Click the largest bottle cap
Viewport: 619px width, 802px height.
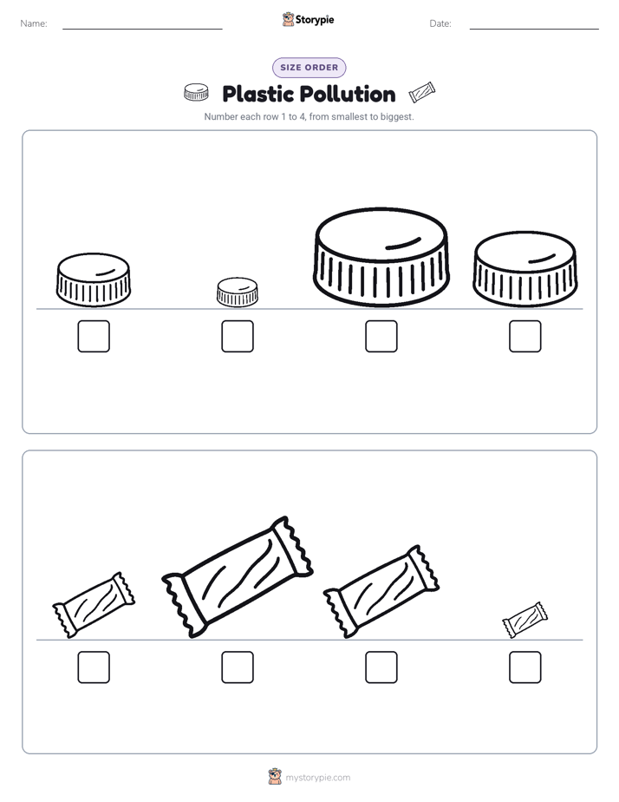pyautogui.click(x=381, y=257)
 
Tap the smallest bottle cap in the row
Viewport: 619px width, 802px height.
pyautogui.click(x=238, y=292)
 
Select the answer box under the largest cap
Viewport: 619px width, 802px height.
pyautogui.click(x=381, y=336)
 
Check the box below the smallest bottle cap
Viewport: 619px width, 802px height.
pyautogui.click(x=238, y=336)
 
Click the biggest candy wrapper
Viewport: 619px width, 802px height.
pyautogui.click(x=238, y=576)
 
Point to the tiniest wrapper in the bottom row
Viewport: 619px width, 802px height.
pyautogui.click(x=525, y=620)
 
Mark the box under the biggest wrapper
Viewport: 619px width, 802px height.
pyautogui.click(x=238, y=667)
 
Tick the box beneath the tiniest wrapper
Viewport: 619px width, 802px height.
pyautogui.click(x=525, y=667)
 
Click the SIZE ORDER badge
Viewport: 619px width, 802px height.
pyautogui.click(x=309, y=68)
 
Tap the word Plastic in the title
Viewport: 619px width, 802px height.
pyautogui.click(x=258, y=95)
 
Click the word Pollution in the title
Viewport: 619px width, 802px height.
pyautogui.click(x=348, y=95)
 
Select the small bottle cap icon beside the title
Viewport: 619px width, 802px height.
pyautogui.click(x=196, y=92)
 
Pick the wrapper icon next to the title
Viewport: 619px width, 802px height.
pyautogui.click(x=422, y=93)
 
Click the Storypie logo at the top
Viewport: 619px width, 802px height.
pyautogui.click(x=309, y=19)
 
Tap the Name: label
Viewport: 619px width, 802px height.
pyautogui.click(x=34, y=23)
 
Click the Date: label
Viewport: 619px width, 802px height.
pyautogui.click(x=440, y=23)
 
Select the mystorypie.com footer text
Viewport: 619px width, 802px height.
pyautogui.click(x=317, y=778)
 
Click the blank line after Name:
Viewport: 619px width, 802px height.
pyautogui.click(x=142, y=29)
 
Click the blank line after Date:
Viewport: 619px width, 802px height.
pyautogui.click(x=534, y=29)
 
